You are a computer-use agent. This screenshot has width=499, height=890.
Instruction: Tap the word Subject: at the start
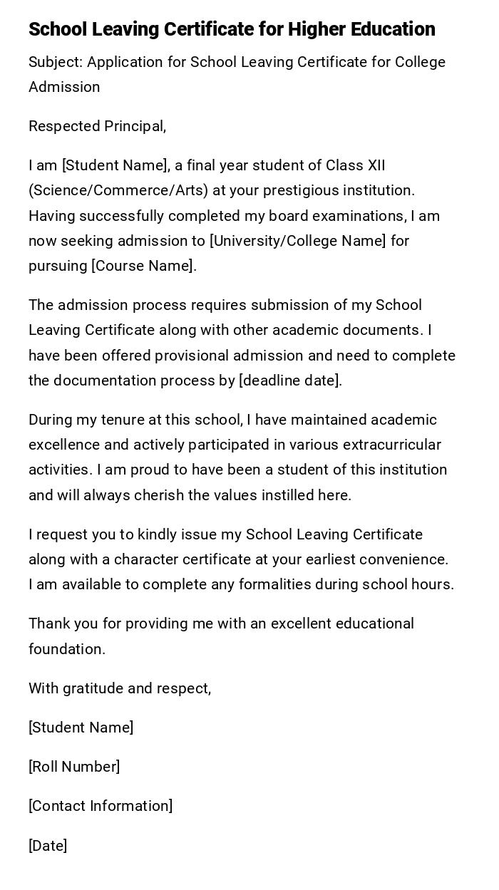[x=56, y=62]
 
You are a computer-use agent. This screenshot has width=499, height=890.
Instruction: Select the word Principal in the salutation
[x=135, y=126]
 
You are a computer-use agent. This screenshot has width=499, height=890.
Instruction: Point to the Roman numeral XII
[x=376, y=165]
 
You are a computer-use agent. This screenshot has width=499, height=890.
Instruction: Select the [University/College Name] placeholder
[x=297, y=241]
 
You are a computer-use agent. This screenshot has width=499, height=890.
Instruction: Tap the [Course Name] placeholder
[x=143, y=266]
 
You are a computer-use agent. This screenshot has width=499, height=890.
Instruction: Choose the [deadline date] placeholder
[x=290, y=381]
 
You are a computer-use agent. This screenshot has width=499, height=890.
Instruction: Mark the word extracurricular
[x=392, y=445]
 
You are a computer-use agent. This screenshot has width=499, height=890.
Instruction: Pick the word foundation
[x=66, y=649]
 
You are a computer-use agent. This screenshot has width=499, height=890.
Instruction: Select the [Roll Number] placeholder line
[x=74, y=767]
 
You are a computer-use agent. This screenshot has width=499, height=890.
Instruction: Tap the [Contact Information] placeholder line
[x=101, y=806]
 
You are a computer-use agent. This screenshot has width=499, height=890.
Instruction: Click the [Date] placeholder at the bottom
[x=48, y=846]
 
